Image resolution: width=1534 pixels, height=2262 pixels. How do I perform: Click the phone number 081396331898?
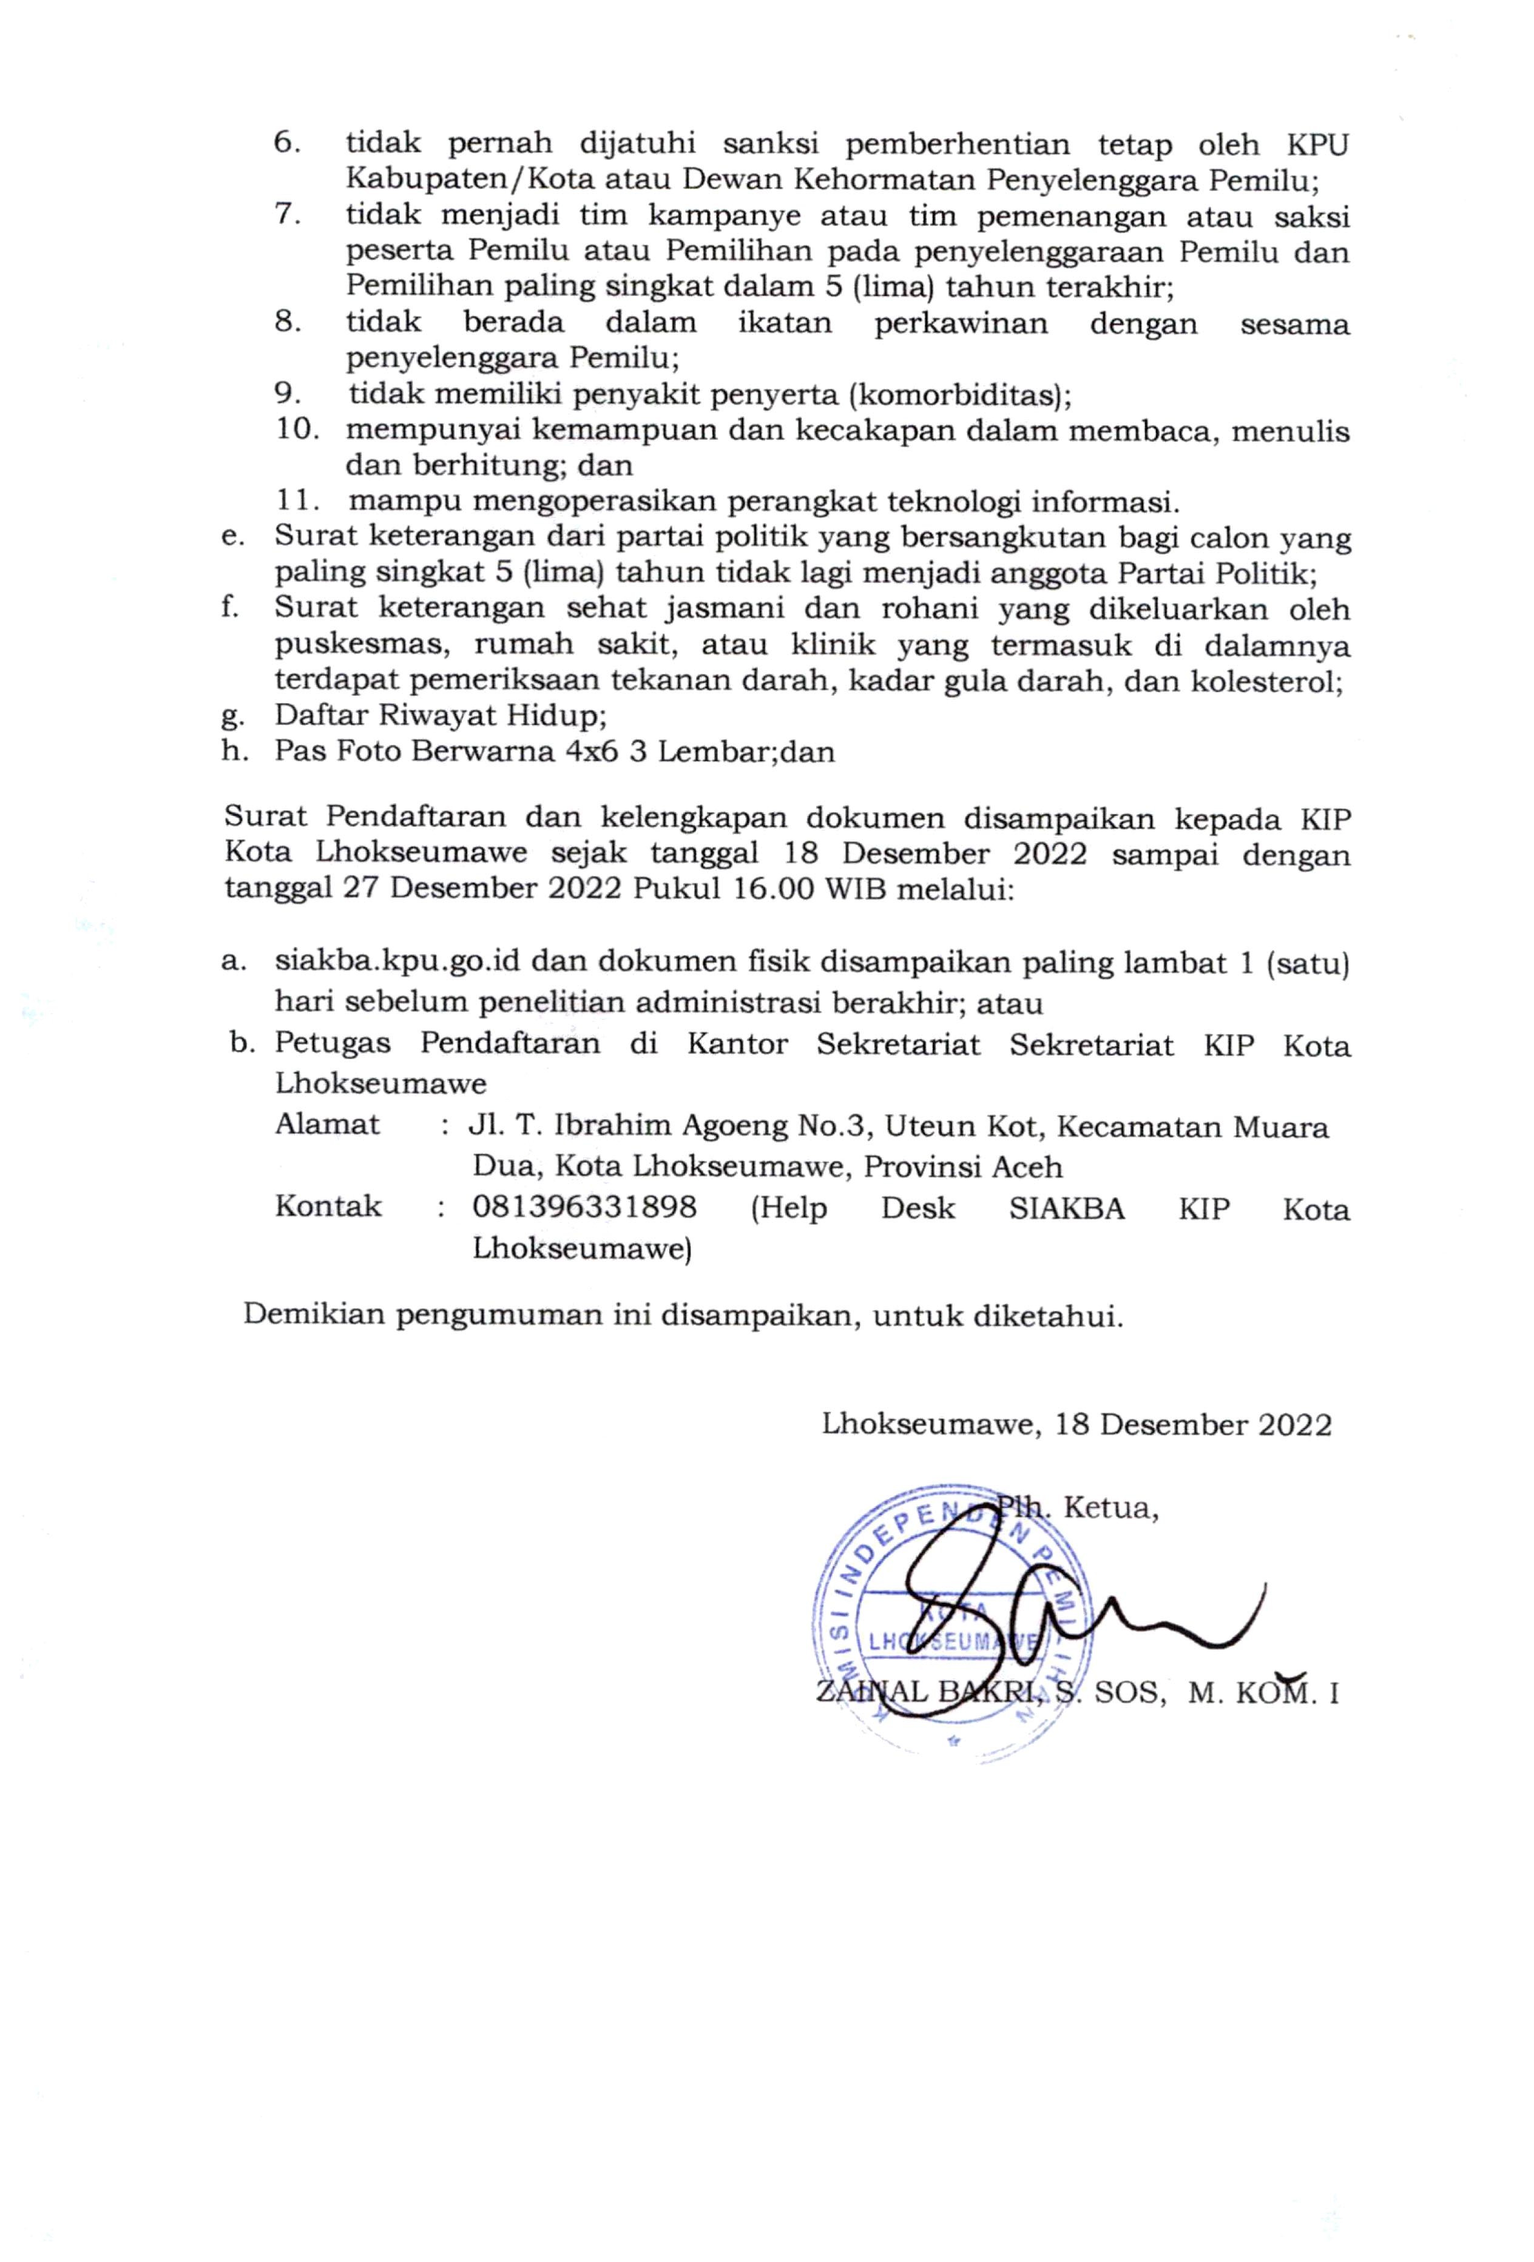(x=584, y=1208)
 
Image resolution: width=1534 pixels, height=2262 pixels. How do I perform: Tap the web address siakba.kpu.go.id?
(x=397, y=963)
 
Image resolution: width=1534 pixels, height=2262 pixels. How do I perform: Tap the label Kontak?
(x=328, y=1207)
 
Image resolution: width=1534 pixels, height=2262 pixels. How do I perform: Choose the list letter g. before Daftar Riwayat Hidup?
(x=232, y=718)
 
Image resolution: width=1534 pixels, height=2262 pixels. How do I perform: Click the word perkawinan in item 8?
(x=961, y=323)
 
